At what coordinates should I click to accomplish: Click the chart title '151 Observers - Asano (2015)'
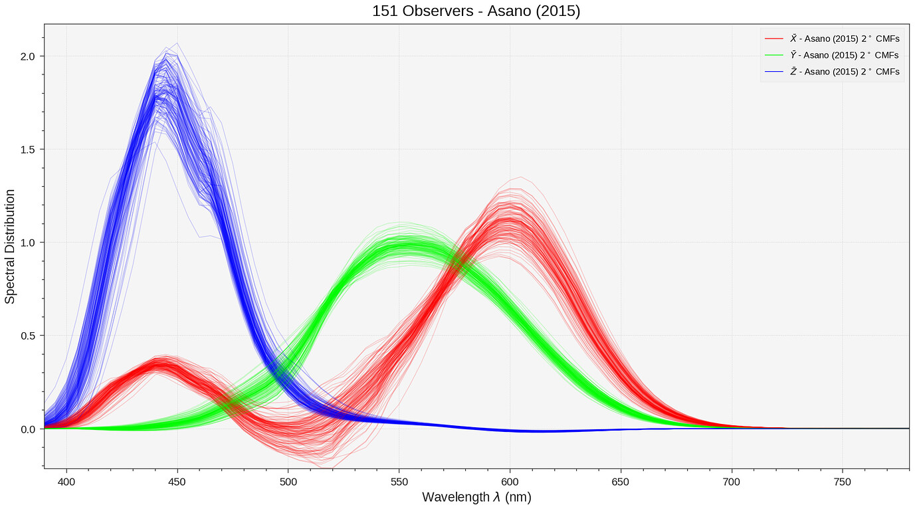(476, 11)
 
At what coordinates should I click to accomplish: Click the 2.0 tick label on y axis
(27, 56)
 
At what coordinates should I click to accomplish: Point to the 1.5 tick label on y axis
(27, 150)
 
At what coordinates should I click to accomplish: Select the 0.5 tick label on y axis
(27, 336)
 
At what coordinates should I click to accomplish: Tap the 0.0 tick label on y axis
(27, 429)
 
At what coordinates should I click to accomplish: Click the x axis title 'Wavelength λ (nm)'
(476, 497)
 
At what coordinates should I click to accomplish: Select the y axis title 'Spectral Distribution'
(10, 246)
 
